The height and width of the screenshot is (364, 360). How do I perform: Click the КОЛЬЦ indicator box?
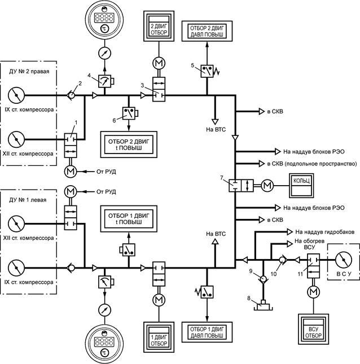[302, 185]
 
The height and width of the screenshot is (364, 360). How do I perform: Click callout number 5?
[194, 65]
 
